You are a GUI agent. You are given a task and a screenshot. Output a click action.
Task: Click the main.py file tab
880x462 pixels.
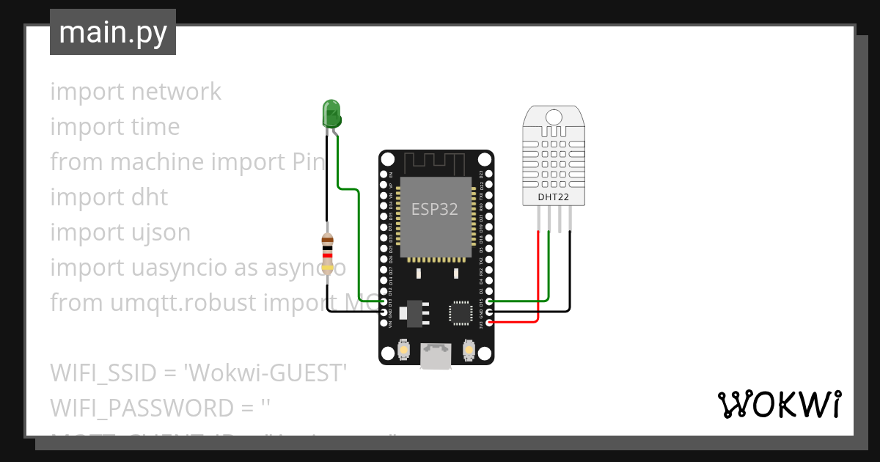click(113, 32)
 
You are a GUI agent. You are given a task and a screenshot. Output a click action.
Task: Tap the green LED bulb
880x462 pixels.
click(331, 114)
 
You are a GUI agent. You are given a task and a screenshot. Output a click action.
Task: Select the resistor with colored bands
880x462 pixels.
click(328, 253)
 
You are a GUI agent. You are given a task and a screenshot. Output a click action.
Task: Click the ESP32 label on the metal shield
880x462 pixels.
click(434, 210)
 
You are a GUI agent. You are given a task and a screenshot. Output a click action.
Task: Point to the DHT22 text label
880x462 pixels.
click(554, 197)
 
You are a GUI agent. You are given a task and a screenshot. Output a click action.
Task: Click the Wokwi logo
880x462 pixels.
click(779, 404)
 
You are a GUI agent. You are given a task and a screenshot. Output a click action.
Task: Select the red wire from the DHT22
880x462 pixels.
click(539, 279)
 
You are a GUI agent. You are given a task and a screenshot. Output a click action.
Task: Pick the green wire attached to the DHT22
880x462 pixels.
click(549, 271)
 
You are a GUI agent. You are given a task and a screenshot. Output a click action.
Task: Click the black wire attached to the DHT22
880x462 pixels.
click(570, 279)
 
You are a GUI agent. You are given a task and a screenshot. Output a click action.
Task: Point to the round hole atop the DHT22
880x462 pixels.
click(554, 117)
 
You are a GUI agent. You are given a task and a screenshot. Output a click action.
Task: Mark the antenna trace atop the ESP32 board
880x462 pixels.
click(436, 162)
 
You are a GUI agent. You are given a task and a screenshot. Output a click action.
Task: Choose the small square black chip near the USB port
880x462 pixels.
click(461, 312)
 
